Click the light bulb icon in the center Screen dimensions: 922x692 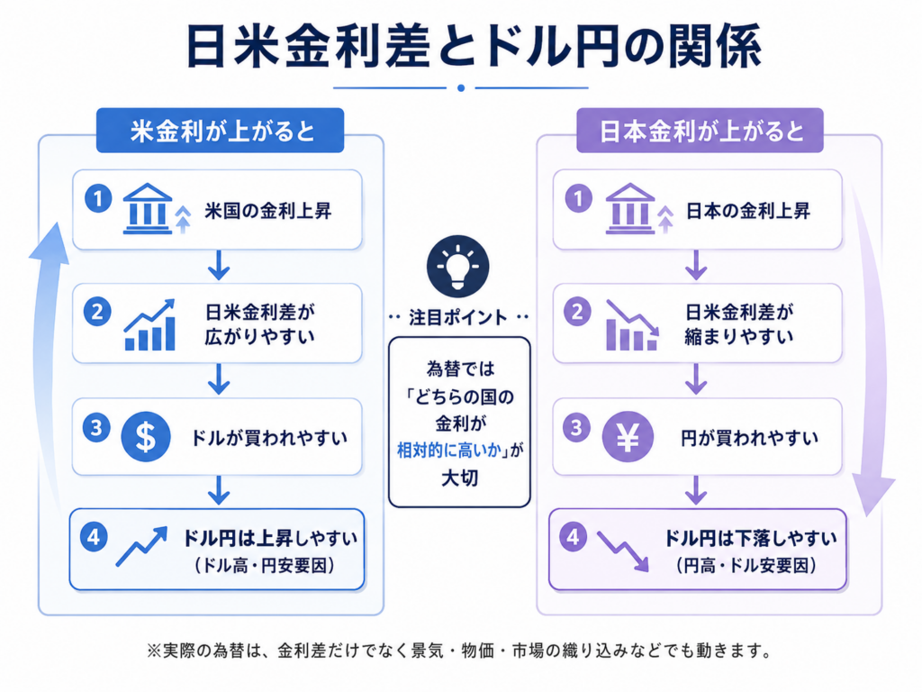point(457,266)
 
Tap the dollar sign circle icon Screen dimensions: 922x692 point(146,437)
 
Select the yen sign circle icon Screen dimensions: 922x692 point(628,437)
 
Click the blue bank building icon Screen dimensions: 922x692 point(148,209)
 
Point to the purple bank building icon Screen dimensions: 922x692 point(629,209)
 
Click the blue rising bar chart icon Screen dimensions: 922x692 point(150,324)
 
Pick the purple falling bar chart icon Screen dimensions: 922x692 point(632,324)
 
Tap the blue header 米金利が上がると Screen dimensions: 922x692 point(220,131)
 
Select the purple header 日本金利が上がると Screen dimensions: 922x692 point(700,131)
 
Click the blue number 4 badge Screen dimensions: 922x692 point(94,537)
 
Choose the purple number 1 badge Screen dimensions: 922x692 point(579,198)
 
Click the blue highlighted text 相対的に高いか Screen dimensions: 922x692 point(448,451)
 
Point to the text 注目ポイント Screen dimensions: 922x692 point(458,318)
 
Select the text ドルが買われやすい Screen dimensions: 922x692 point(268,438)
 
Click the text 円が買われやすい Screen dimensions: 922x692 point(749,438)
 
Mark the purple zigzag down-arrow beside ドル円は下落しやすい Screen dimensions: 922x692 point(623,551)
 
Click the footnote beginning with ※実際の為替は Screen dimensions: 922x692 point(459,651)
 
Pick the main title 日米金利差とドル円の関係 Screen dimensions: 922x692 point(474,47)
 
